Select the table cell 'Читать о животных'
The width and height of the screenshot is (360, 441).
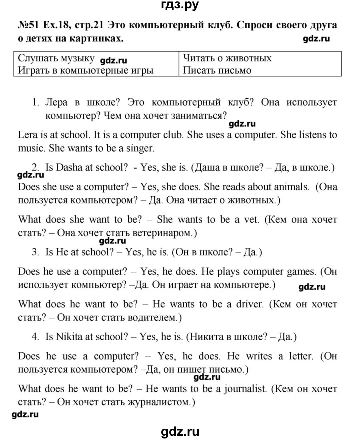pyautogui.click(x=227, y=58)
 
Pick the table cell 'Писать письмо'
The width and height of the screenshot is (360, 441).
pyautogui.click(x=217, y=70)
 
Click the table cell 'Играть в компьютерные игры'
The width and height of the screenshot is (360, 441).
pyautogui.click(x=85, y=70)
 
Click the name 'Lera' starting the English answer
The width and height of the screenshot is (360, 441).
pyautogui.click(x=28, y=135)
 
